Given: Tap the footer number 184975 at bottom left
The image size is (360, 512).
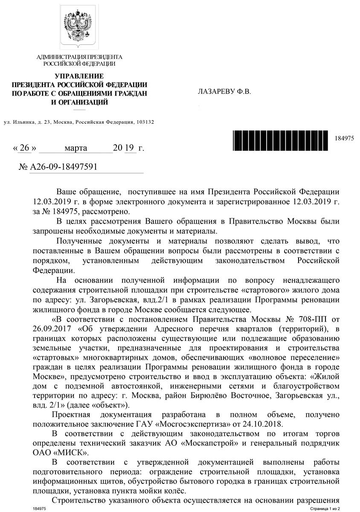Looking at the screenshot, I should [x=39, y=509].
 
